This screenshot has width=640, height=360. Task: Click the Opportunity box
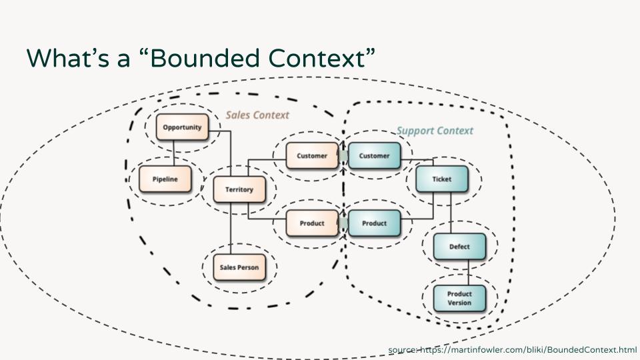point(182,127)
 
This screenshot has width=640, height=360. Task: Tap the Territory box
point(239,189)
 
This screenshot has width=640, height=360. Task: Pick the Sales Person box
point(239,268)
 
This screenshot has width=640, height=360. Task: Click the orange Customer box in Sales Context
point(311,156)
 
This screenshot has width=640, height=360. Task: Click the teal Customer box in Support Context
point(374,156)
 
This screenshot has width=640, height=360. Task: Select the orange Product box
point(311,223)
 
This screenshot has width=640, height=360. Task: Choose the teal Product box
point(374,223)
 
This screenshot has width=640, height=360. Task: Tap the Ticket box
point(441,179)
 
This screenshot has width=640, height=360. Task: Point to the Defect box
point(459,247)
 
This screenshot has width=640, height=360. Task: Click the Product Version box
point(459,298)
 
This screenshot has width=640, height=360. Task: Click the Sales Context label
point(257,115)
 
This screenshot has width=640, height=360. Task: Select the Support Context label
point(435,131)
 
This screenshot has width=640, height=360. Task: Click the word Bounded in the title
point(211,58)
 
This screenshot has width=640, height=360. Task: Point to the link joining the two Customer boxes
point(343,156)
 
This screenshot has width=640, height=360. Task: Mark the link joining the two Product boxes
point(343,223)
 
